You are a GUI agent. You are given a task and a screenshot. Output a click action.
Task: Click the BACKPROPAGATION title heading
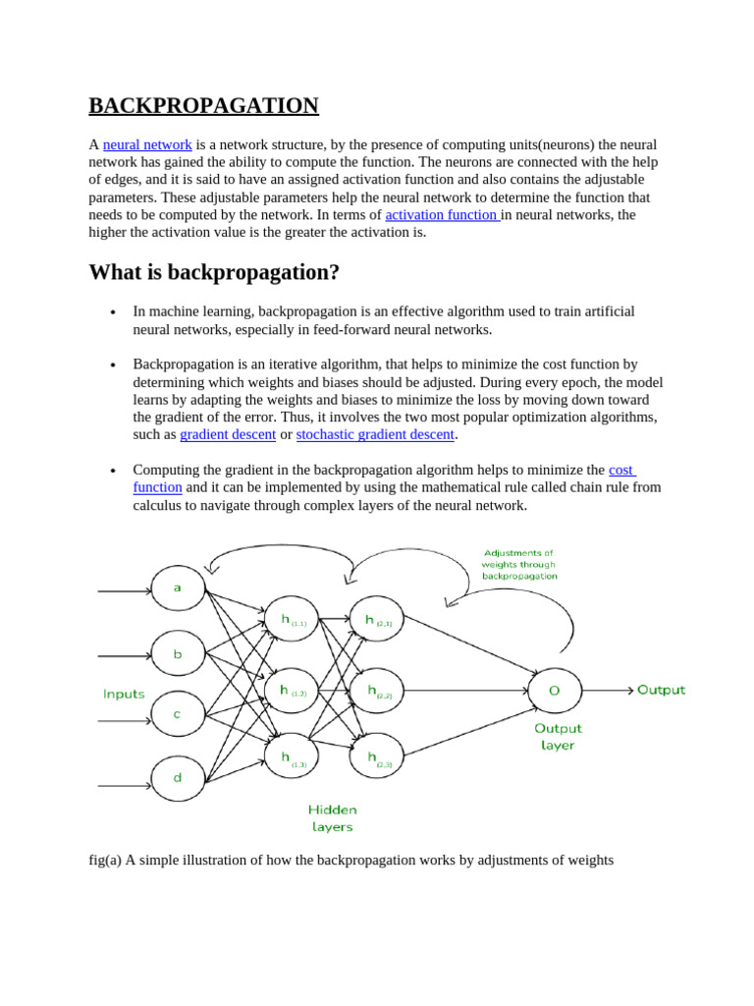[x=203, y=106]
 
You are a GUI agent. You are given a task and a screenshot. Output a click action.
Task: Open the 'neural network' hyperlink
[x=147, y=144]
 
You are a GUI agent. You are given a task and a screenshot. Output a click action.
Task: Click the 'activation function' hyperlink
[x=442, y=214]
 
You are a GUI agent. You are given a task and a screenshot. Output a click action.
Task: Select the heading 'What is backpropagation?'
[x=214, y=271]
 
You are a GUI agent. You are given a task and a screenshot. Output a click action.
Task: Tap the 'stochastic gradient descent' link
[x=375, y=434]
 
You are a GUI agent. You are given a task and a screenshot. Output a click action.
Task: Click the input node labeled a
[x=178, y=588]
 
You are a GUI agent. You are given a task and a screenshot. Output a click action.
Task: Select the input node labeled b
[x=178, y=653]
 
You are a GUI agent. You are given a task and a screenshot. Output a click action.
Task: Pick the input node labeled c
[x=178, y=714]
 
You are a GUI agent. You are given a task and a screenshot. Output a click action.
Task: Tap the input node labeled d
[x=178, y=777]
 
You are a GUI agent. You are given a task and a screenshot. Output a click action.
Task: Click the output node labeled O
[x=555, y=691]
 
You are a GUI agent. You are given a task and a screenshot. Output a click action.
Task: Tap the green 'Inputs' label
[x=124, y=695]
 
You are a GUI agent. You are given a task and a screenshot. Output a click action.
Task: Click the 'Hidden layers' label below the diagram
[x=333, y=818]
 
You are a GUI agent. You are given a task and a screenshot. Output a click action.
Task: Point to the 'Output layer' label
[x=558, y=737]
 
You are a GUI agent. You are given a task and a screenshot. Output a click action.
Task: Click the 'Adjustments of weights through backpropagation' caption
[x=519, y=565]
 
